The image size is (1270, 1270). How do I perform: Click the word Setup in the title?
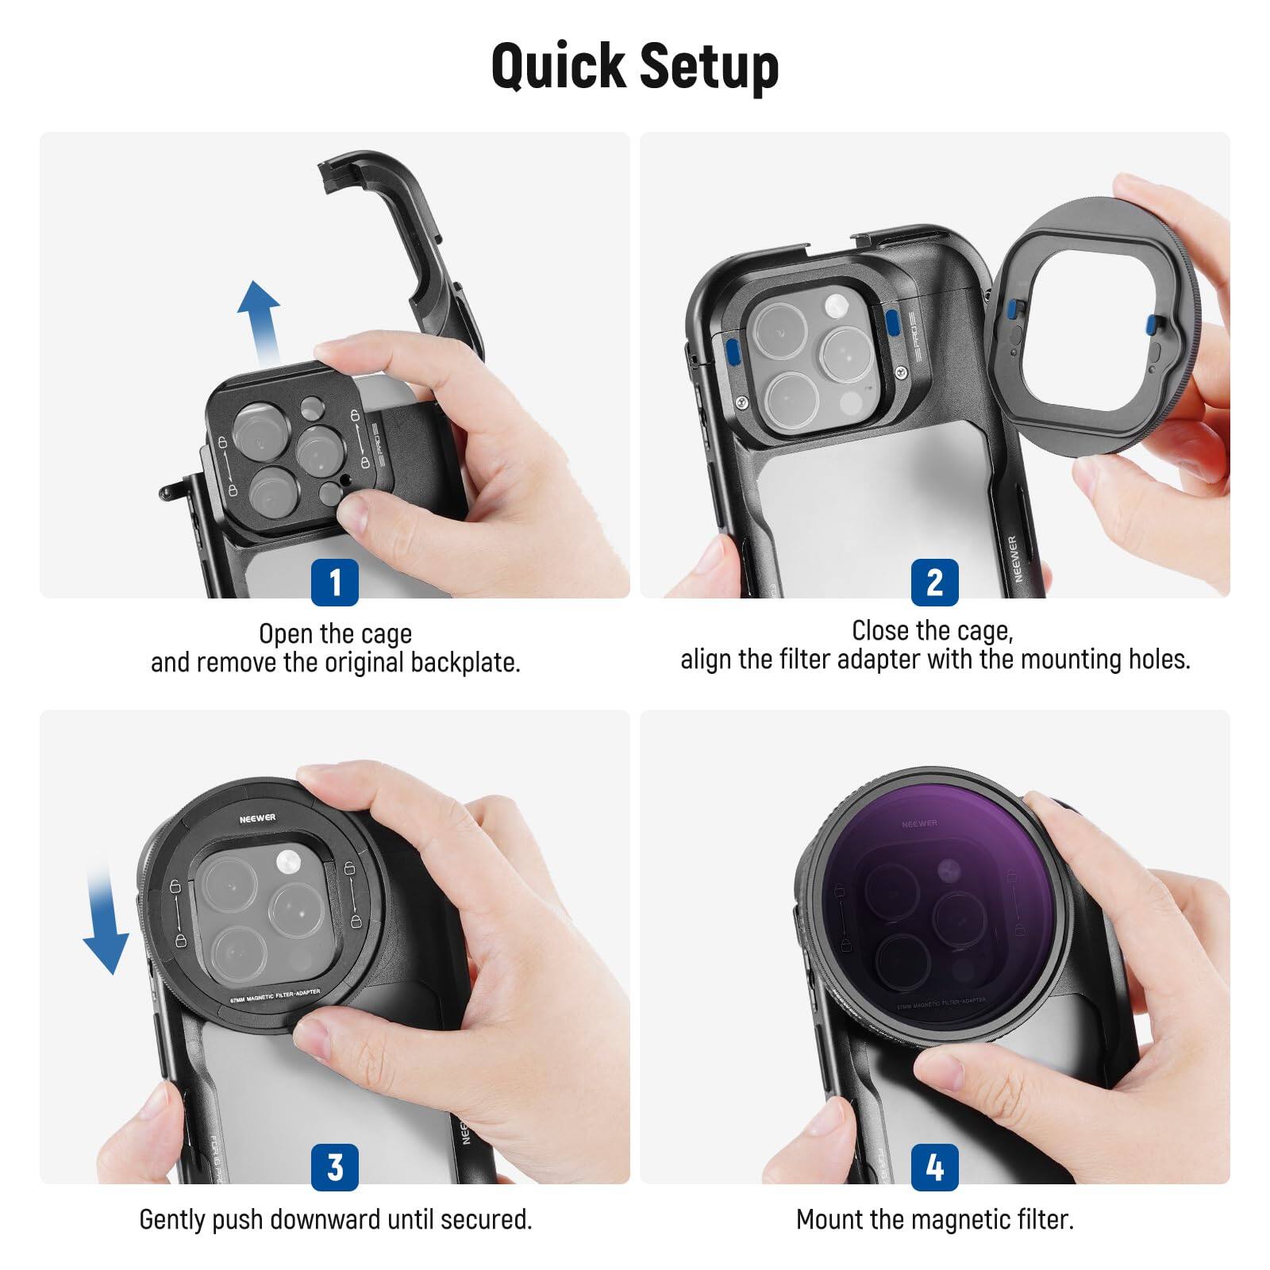709,67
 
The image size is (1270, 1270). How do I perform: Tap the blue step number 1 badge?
334,582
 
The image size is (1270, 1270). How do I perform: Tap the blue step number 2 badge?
934,582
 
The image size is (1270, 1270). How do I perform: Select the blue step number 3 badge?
334,1167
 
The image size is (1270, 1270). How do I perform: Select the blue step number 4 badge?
934,1167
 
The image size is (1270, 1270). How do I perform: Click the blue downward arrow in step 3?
105,921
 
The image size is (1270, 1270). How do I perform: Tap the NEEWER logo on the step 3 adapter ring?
257,818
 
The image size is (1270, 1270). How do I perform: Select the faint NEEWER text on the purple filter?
919,824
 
